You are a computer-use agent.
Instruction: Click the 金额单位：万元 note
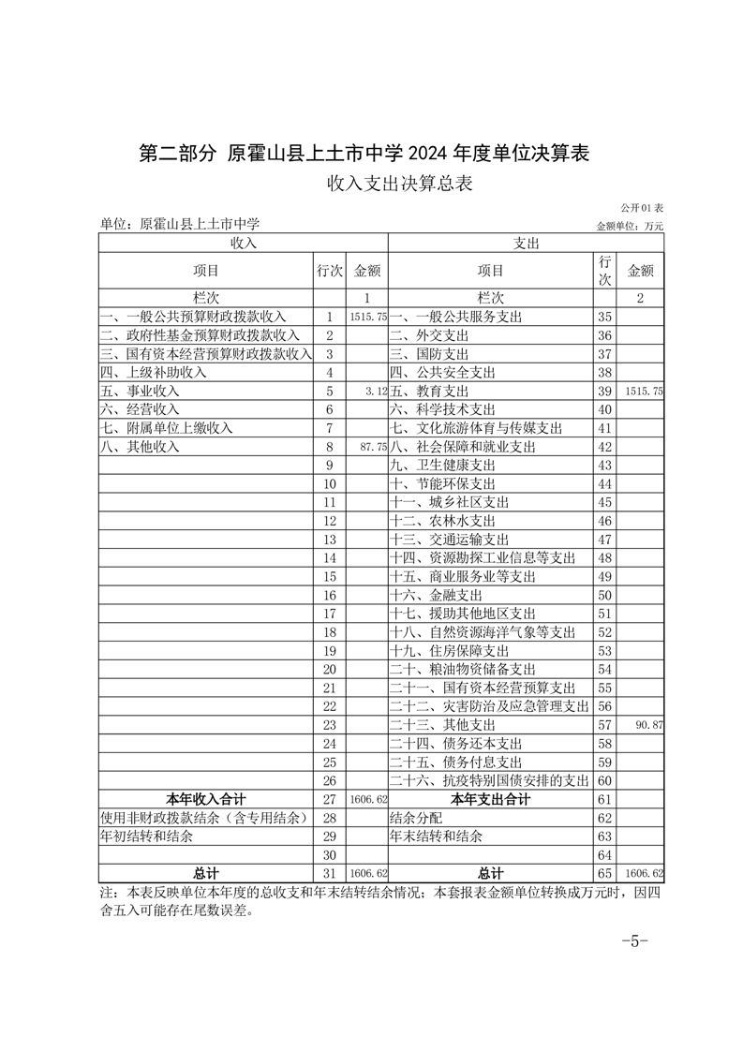point(629,226)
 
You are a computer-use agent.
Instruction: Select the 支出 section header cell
point(526,243)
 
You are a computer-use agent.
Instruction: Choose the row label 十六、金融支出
point(436,595)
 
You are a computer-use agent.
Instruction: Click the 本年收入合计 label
point(206,799)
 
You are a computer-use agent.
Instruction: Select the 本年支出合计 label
point(490,799)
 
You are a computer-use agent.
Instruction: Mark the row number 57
point(604,725)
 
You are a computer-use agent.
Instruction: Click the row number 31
point(329,873)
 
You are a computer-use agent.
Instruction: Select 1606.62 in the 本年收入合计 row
point(367,799)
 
